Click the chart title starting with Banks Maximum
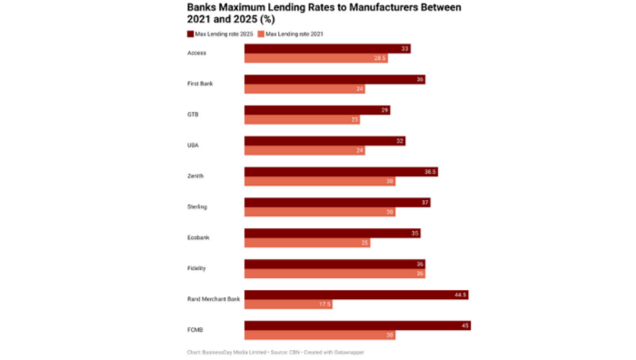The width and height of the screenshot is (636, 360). click(323, 13)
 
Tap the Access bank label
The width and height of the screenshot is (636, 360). click(196, 53)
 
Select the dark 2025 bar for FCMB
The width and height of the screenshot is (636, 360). click(356, 325)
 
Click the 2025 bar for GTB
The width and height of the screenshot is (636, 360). click(317, 110)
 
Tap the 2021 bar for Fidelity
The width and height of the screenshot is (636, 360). click(334, 274)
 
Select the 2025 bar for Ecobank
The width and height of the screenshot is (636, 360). click(332, 233)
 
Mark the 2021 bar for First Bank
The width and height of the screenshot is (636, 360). click(305, 89)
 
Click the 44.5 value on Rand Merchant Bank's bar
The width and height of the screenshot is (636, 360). click(460, 295)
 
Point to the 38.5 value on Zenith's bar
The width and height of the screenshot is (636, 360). click(431, 171)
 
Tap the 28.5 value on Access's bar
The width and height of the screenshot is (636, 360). click(380, 58)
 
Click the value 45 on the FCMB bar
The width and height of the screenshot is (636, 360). click(464, 325)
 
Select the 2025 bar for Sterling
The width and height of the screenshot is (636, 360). click(336, 202)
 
